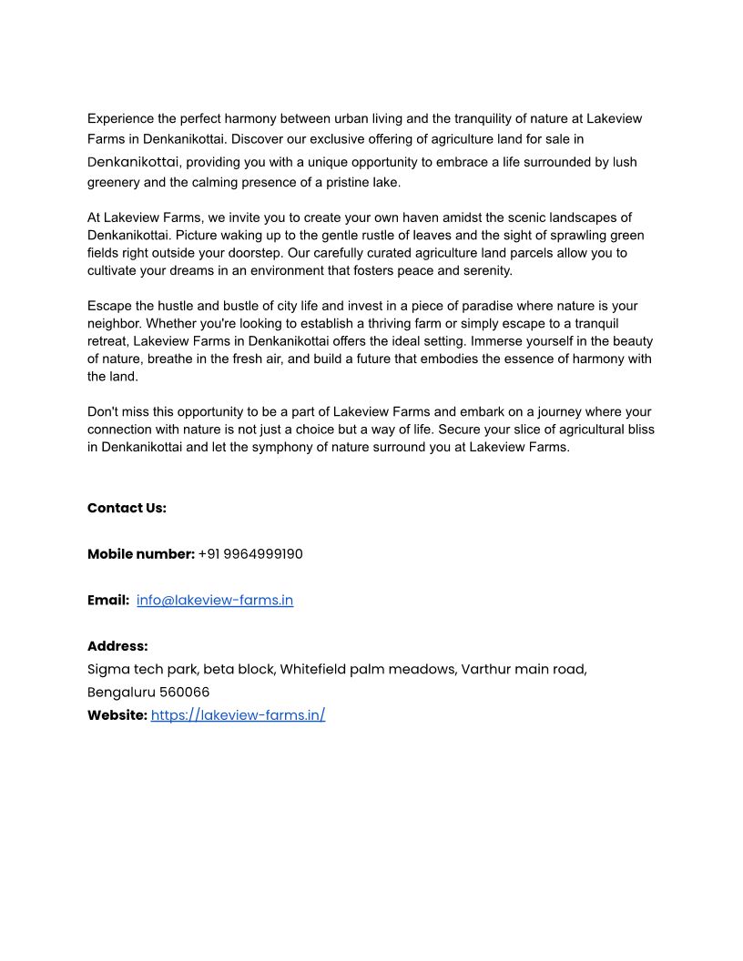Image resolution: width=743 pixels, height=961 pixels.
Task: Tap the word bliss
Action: [x=636, y=430]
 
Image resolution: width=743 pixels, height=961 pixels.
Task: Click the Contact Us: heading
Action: [x=127, y=508]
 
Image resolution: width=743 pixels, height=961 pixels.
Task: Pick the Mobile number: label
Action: [x=141, y=554]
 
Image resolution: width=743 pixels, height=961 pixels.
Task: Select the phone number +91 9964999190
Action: [x=250, y=554]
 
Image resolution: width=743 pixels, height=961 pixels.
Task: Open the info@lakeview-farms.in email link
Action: [x=215, y=601]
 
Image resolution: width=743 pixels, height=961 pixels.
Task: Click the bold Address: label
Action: [x=117, y=646]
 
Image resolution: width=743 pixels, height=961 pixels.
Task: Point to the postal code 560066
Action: [x=185, y=693]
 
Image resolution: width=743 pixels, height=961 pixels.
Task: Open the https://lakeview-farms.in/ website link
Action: [x=238, y=715]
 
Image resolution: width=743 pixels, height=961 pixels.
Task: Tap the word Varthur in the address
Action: [x=489, y=670]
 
